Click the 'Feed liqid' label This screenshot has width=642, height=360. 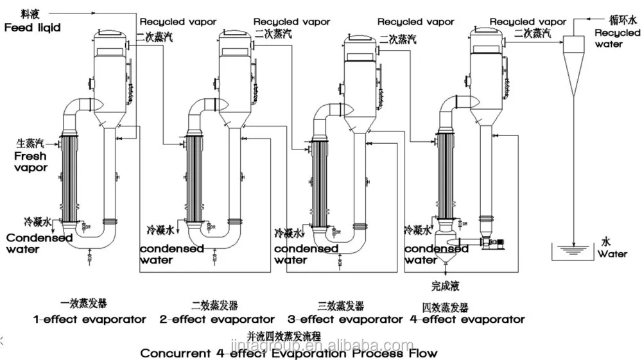click(33, 28)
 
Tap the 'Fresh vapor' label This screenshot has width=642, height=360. click(30, 162)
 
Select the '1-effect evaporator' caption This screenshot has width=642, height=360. click(90, 320)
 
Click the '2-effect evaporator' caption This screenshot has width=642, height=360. click(217, 320)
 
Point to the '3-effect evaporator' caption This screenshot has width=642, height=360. click(345, 320)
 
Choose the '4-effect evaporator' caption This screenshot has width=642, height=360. click(467, 320)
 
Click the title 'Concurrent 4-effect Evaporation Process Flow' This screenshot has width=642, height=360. click(289, 353)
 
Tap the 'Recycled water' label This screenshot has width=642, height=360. click(618, 39)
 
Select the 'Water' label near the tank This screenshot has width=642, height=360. click(612, 254)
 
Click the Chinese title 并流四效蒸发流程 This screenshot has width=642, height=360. click(283, 336)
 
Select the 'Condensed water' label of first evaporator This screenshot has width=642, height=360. click(39, 243)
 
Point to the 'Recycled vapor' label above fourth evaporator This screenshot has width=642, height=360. click(528, 22)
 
